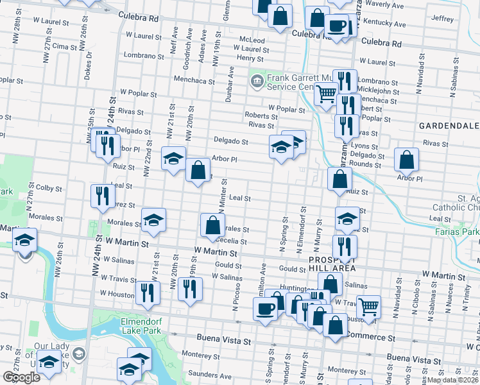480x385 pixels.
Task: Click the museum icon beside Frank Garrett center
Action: [x=256, y=81]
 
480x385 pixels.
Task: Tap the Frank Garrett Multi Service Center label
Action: [x=295, y=81]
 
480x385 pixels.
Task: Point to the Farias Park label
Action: [x=456, y=231]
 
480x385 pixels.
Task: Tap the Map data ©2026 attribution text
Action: [x=453, y=379]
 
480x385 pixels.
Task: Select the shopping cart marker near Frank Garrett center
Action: [x=326, y=94]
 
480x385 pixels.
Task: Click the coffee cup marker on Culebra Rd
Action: [x=337, y=26]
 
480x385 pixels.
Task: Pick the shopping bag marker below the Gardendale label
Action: [x=406, y=159]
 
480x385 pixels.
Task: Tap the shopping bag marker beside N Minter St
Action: [x=212, y=225]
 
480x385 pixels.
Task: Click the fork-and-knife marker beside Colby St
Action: [x=102, y=196]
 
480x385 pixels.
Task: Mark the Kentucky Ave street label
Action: [x=384, y=24]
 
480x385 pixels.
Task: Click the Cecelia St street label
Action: [x=232, y=240]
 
